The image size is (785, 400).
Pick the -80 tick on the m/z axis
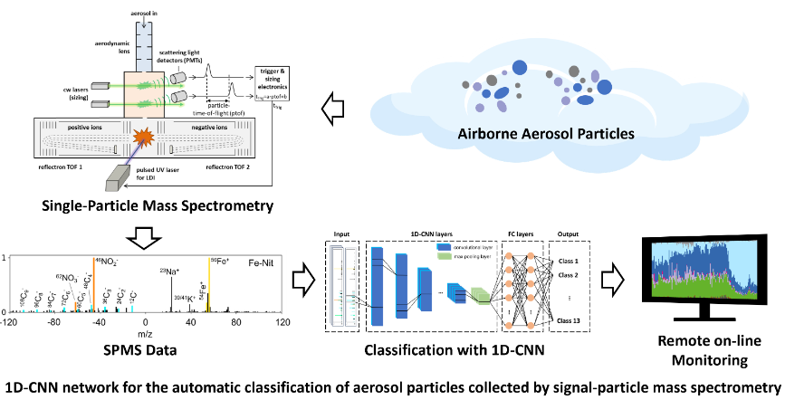coord(54,322)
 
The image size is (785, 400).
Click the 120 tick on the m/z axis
coord(282,322)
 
